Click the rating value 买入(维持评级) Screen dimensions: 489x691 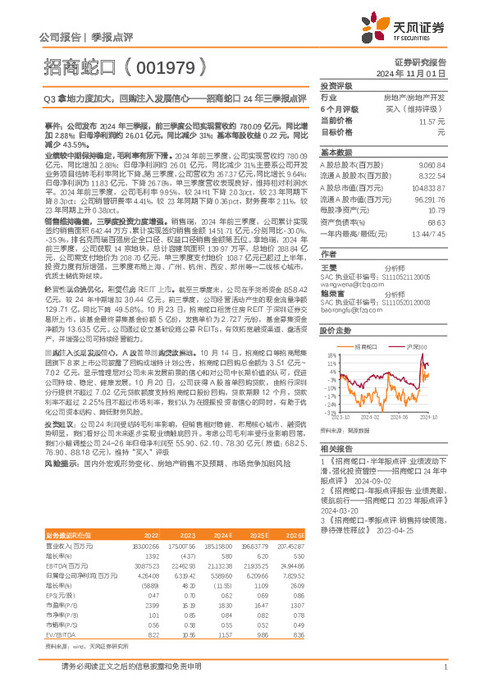[x=415, y=108]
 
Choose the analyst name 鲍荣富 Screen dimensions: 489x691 [x=331, y=291]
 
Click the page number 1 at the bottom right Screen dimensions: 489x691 [x=444, y=667]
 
